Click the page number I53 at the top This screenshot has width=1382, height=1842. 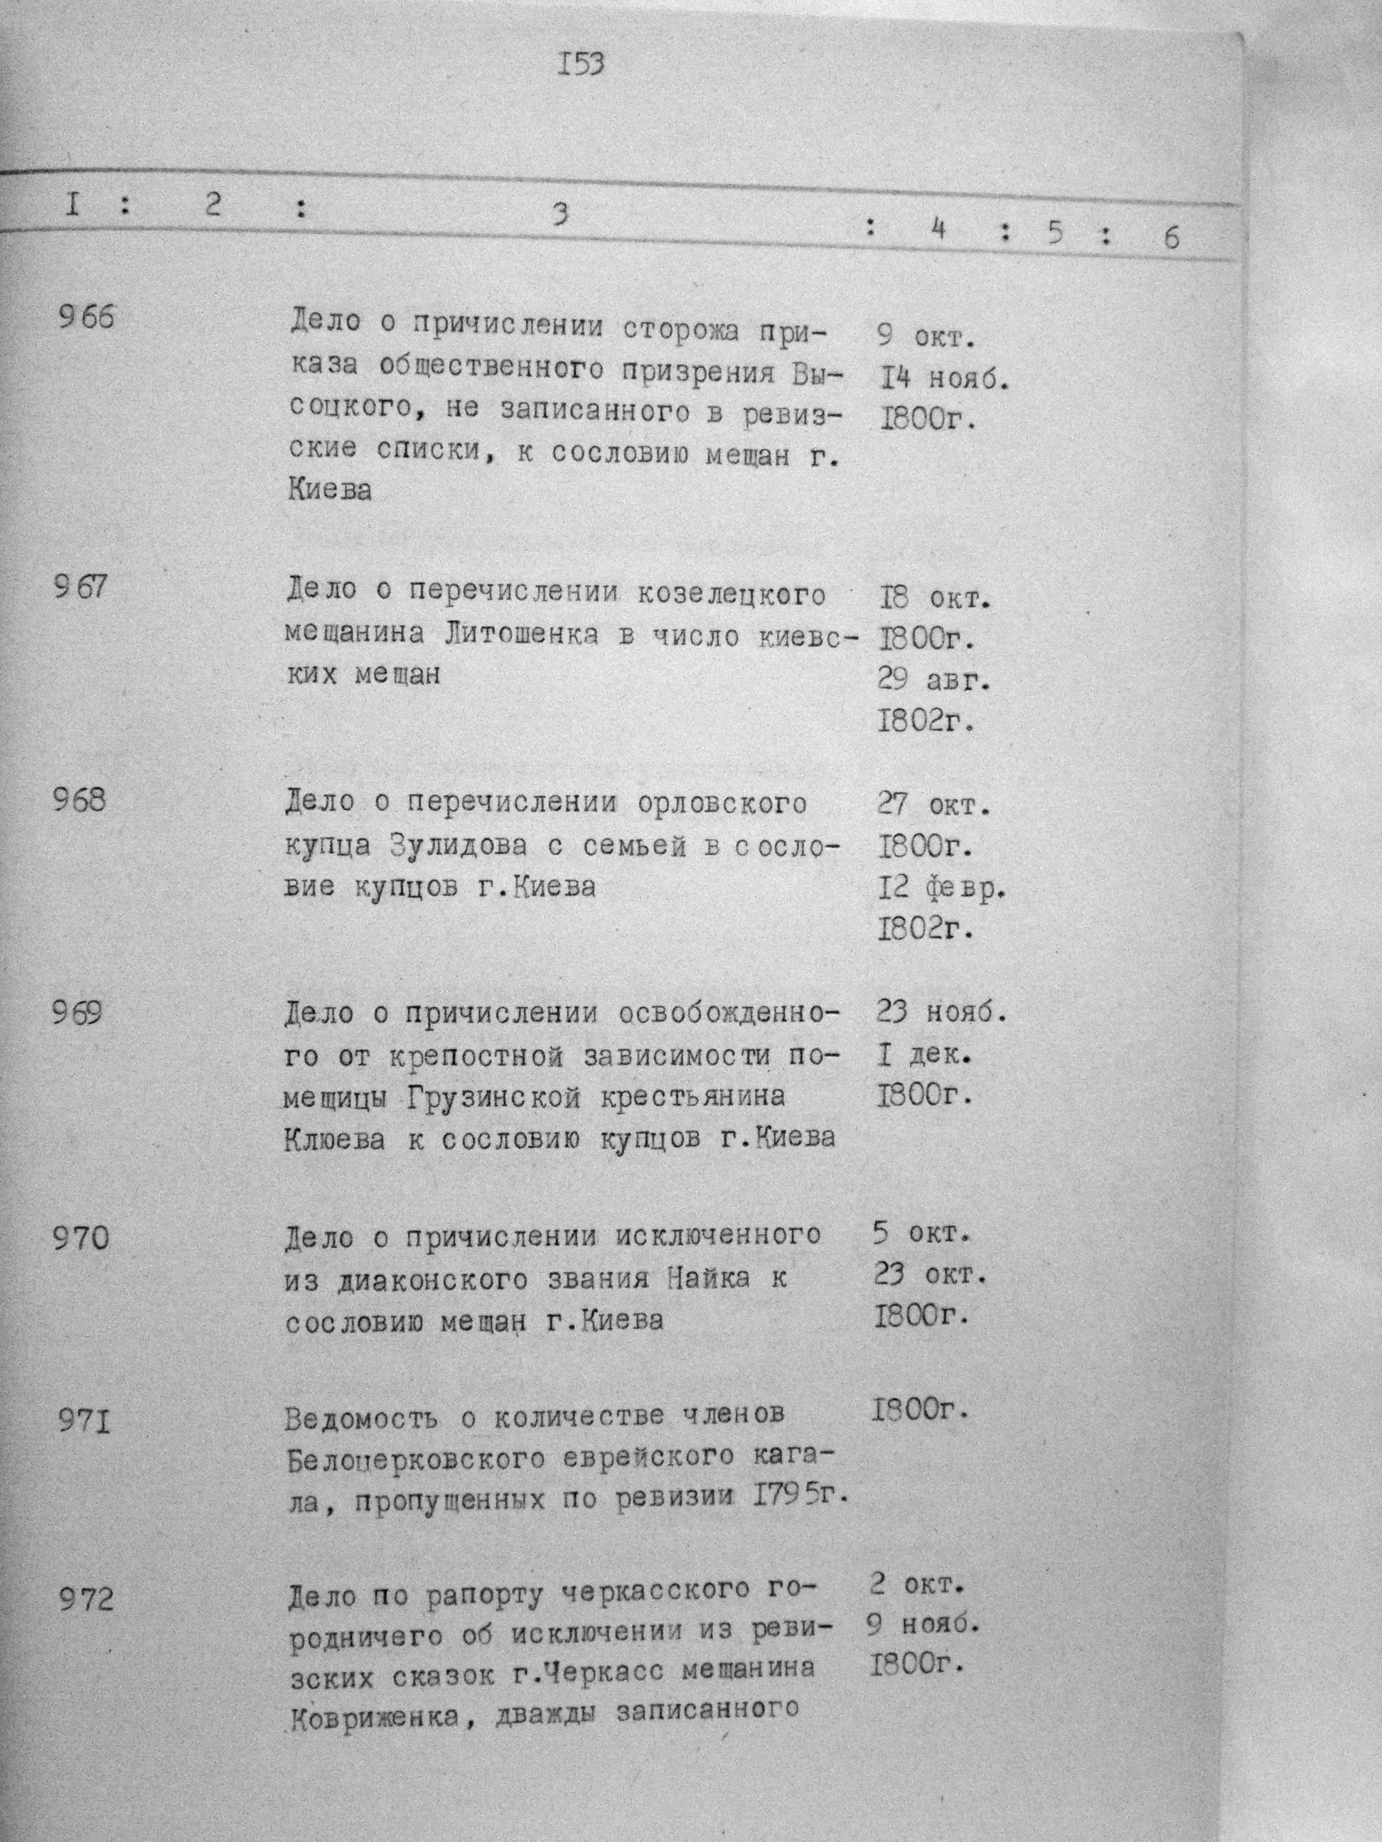[581, 64]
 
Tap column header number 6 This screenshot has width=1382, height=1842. [1172, 238]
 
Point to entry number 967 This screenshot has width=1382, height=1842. [81, 587]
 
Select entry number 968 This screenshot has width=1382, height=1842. [80, 800]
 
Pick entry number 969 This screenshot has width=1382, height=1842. [77, 1013]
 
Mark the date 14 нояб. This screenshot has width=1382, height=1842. [946, 379]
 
